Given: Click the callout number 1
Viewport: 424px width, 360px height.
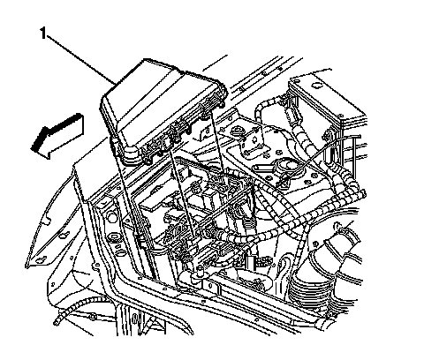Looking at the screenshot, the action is [43, 33].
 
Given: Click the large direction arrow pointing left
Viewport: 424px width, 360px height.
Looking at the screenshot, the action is [57, 136].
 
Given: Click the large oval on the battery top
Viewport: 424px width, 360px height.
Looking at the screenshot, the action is [318, 85].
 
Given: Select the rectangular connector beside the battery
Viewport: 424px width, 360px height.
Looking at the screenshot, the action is [291, 114].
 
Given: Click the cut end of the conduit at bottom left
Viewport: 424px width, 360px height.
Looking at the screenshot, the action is [57, 321].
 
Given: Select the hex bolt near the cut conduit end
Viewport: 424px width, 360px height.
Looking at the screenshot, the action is [93, 317].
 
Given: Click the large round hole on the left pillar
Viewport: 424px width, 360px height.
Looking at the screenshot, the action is [112, 217].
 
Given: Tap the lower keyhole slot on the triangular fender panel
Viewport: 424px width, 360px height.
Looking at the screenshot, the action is [42, 259].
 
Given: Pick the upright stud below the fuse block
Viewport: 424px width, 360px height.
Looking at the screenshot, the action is [201, 269].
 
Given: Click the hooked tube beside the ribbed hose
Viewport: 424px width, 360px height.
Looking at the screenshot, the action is [284, 265].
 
